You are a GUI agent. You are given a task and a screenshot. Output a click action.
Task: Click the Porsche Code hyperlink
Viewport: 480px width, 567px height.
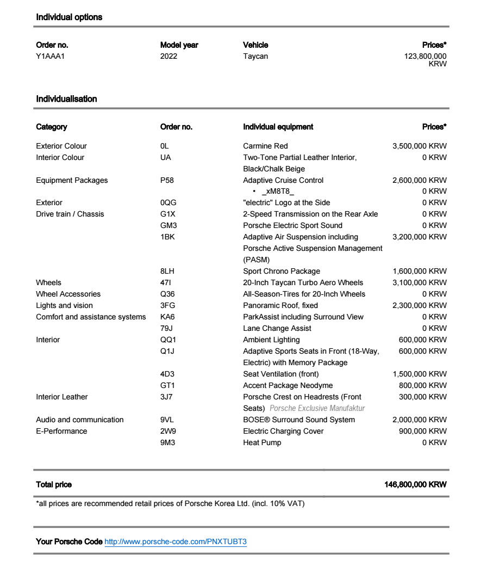click(x=175, y=542)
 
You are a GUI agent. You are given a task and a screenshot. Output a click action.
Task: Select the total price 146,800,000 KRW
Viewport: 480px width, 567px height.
click(x=415, y=484)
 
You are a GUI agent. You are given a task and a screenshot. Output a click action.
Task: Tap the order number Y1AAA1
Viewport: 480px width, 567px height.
click(x=50, y=56)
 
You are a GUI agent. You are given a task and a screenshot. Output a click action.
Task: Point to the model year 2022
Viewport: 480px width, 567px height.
click(x=169, y=56)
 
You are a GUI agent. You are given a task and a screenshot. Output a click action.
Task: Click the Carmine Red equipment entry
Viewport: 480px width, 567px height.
click(x=265, y=146)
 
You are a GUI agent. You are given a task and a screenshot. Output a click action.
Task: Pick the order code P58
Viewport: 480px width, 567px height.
click(x=167, y=180)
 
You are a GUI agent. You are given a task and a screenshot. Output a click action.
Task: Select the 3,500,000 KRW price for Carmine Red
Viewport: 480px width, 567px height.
click(x=419, y=146)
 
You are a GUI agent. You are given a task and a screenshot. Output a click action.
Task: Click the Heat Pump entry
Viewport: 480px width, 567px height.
click(x=262, y=442)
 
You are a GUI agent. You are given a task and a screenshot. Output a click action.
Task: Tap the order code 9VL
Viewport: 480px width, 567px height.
click(x=167, y=420)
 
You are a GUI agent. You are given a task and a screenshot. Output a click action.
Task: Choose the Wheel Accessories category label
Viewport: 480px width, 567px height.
click(x=68, y=294)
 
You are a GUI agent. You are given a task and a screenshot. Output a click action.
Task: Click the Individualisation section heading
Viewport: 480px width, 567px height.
click(x=66, y=99)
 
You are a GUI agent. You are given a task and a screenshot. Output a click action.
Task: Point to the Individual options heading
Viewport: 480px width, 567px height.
click(x=69, y=17)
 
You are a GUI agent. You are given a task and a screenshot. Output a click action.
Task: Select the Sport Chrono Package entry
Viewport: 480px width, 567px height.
click(x=282, y=271)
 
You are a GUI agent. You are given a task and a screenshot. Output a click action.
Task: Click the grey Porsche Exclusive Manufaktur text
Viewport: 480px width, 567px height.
click(x=317, y=408)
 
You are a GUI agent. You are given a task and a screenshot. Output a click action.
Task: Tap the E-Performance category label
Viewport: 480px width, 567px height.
click(x=61, y=431)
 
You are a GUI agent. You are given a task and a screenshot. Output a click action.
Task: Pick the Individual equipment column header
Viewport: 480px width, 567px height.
click(x=278, y=127)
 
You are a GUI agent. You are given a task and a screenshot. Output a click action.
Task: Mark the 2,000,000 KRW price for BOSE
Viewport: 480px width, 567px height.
click(x=419, y=420)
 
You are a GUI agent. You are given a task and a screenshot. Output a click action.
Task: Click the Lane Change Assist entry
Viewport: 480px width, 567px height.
click(x=277, y=328)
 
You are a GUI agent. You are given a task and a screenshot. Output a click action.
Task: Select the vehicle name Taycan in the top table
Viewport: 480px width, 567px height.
click(x=255, y=56)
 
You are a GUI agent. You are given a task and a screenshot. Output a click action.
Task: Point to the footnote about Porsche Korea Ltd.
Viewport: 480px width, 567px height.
click(x=170, y=504)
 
